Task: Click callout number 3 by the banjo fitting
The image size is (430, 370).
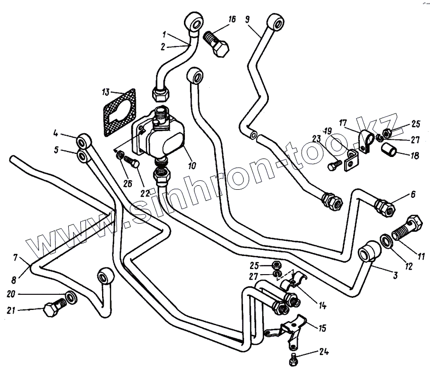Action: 396,275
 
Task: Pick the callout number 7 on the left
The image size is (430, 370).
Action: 16,257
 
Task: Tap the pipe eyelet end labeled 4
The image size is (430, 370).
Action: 84,139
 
